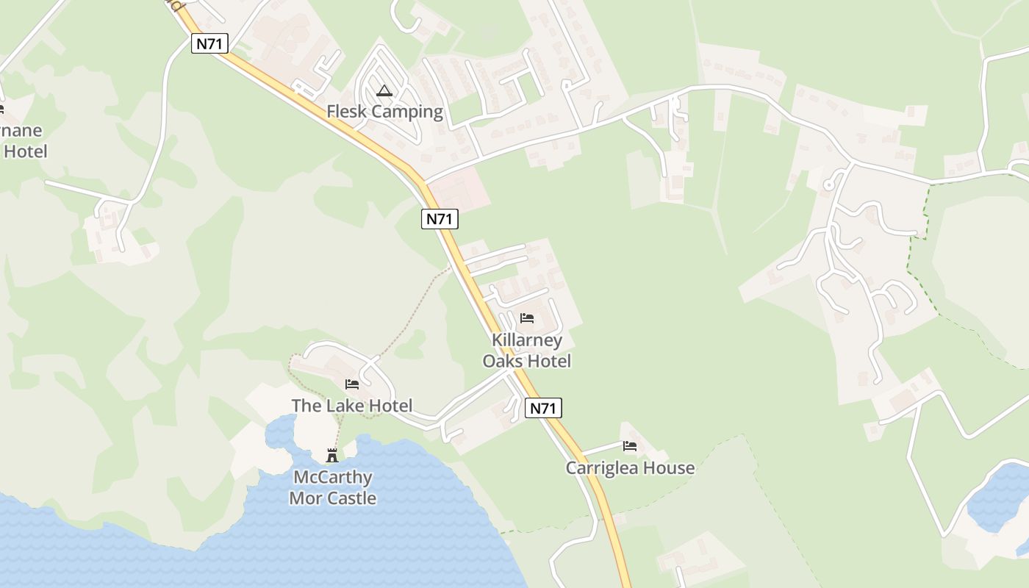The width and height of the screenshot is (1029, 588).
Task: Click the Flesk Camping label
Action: point(384,112)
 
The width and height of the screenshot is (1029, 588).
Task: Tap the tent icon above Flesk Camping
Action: point(384,91)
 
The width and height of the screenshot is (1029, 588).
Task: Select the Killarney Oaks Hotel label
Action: point(526,351)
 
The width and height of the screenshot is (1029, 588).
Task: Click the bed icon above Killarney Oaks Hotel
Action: point(527,318)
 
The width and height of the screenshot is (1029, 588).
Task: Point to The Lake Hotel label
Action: point(351,405)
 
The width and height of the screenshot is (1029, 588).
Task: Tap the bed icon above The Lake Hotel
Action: point(352,384)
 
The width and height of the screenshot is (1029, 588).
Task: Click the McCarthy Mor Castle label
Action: point(332,487)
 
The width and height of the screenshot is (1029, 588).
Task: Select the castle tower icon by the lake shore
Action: point(332,456)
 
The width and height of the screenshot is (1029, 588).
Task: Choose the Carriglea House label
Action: point(630,467)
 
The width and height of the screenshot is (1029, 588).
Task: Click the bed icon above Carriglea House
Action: point(630,446)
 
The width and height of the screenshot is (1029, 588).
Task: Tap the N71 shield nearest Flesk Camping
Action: point(210,43)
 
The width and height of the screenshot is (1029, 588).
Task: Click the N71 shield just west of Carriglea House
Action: point(543,408)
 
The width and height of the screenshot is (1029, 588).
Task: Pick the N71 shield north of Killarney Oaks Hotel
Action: point(440,218)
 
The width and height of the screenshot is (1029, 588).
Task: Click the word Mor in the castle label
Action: point(307,498)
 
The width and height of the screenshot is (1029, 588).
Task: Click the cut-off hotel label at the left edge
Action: point(22,141)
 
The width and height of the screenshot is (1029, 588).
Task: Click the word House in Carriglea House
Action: point(669,467)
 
